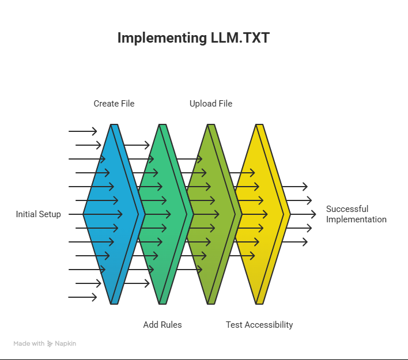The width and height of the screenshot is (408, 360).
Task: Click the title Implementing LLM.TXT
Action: click(193, 37)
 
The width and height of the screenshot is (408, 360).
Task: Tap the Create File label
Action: click(114, 104)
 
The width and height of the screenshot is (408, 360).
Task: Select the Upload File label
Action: click(211, 104)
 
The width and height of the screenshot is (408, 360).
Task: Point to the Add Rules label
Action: click(163, 325)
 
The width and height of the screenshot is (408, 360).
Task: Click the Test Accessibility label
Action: click(259, 325)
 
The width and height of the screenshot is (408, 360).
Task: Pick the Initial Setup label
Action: click(38, 214)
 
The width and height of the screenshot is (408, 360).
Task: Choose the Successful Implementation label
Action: click(356, 214)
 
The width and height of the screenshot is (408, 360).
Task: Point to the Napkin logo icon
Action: click(50, 343)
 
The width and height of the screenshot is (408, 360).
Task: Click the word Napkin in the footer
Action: click(66, 343)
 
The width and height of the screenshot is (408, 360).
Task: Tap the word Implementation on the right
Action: click(356, 219)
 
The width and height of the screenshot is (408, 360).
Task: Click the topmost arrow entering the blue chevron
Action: click(83, 131)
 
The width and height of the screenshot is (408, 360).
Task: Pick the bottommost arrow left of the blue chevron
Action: click(83, 297)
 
